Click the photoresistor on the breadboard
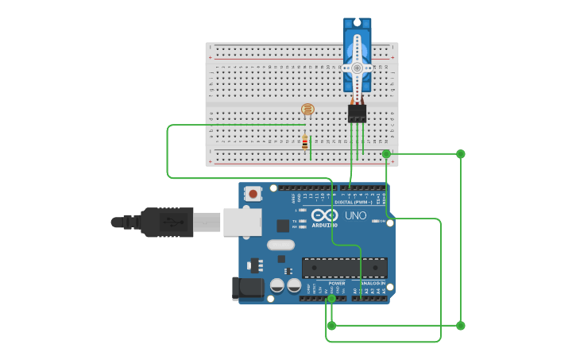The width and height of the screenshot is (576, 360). click(x=307, y=109)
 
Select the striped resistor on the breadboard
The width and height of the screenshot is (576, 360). click(x=305, y=143)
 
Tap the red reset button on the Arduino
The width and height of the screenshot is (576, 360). click(x=253, y=193)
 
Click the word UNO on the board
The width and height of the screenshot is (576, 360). click(x=355, y=215)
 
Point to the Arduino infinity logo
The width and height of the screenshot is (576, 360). click(x=324, y=215)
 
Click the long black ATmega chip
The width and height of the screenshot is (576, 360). click(x=345, y=268)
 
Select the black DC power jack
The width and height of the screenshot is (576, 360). click(x=247, y=288)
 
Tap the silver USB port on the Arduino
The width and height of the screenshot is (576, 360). click(x=242, y=222)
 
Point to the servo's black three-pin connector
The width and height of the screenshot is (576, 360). click(x=357, y=114)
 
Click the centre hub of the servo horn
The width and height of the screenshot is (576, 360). click(x=357, y=68)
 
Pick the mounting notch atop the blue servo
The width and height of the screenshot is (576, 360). click(x=357, y=22)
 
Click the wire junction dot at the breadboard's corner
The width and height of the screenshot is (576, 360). click(x=386, y=153)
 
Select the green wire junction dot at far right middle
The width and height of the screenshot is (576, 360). click(x=461, y=153)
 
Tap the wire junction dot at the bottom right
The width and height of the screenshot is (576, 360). click(x=461, y=325)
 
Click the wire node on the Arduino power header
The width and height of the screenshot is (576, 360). click(x=331, y=299)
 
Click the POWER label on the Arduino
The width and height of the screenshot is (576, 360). click(x=337, y=283)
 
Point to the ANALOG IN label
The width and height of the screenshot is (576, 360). click(x=373, y=283)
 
